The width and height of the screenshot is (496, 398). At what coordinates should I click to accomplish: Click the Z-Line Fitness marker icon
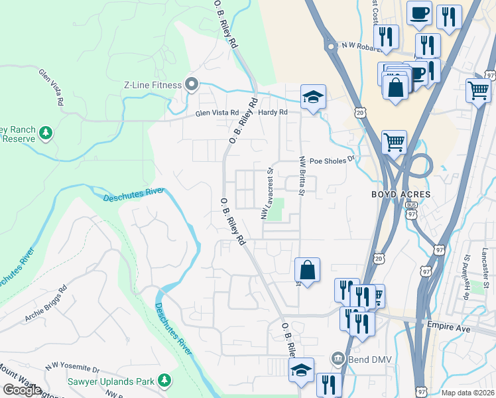click(192, 84)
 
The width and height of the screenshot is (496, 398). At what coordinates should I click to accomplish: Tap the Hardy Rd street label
click(273, 113)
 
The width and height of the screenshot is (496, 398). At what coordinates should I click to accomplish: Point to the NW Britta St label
click(302, 176)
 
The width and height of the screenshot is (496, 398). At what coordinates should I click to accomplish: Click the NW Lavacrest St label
click(267, 192)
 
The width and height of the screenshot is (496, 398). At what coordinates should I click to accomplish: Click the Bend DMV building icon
click(337, 360)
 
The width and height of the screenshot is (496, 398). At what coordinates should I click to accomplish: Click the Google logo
click(22, 390)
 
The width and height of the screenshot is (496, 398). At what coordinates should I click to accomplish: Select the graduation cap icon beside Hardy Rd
click(313, 97)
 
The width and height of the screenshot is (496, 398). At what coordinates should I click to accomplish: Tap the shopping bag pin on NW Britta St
click(307, 269)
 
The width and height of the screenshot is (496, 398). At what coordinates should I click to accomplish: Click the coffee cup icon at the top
click(420, 13)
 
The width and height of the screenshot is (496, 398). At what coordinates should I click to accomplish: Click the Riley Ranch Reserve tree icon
click(46, 133)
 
